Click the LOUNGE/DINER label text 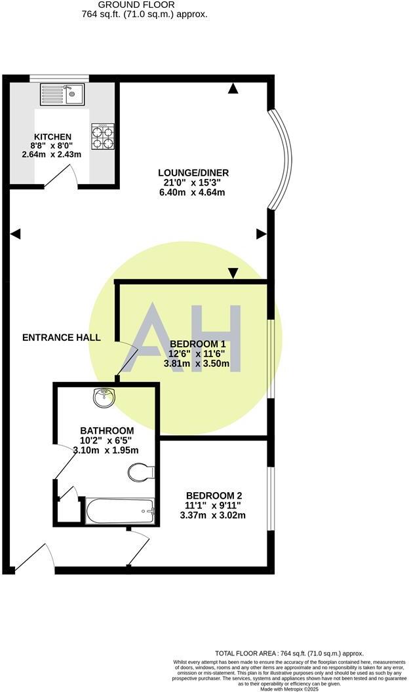(x=193, y=173)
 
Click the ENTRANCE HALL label (x=62, y=337)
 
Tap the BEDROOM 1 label (x=197, y=343)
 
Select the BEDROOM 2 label (x=216, y=495)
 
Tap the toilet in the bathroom (x=141, y=472)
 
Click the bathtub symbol (x=121, y=510)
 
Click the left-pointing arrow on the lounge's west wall (x=16, y=233)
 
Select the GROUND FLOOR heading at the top (x=136, y=5)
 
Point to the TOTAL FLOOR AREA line (x=289, y=653)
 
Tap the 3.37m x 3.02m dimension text (x=216, y=515)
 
